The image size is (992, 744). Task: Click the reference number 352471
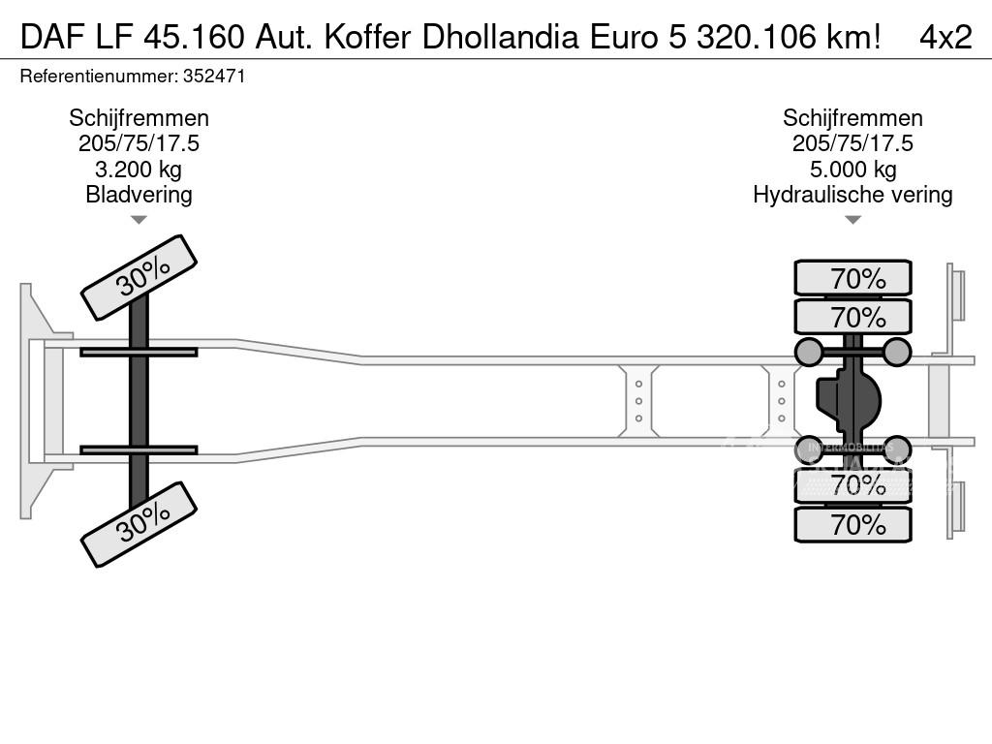point(214,77)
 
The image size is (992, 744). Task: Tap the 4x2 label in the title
point(945,38)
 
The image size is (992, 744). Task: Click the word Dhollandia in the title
point(501,38)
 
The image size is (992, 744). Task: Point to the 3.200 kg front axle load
point(138,170)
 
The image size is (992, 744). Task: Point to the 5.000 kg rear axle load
point(852,170)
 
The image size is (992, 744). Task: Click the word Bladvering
point(139,195)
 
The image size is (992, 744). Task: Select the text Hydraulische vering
point(852,195)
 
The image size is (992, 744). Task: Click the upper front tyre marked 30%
point(139,278)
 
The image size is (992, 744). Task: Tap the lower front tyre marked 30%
point(139,524)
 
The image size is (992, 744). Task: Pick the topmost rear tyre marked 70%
point(852,278)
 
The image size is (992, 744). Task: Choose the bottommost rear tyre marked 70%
point(852,524)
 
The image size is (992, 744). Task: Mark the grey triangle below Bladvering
point(139,220)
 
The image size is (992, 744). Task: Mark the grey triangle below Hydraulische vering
point(852,220)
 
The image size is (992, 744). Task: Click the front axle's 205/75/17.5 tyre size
point(139,143)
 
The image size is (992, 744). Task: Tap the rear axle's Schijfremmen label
point(852,118)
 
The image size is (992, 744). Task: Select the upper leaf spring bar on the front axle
point(139,352)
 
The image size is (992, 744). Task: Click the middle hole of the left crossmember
point(638,401)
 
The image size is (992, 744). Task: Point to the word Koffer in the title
point(366,38)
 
